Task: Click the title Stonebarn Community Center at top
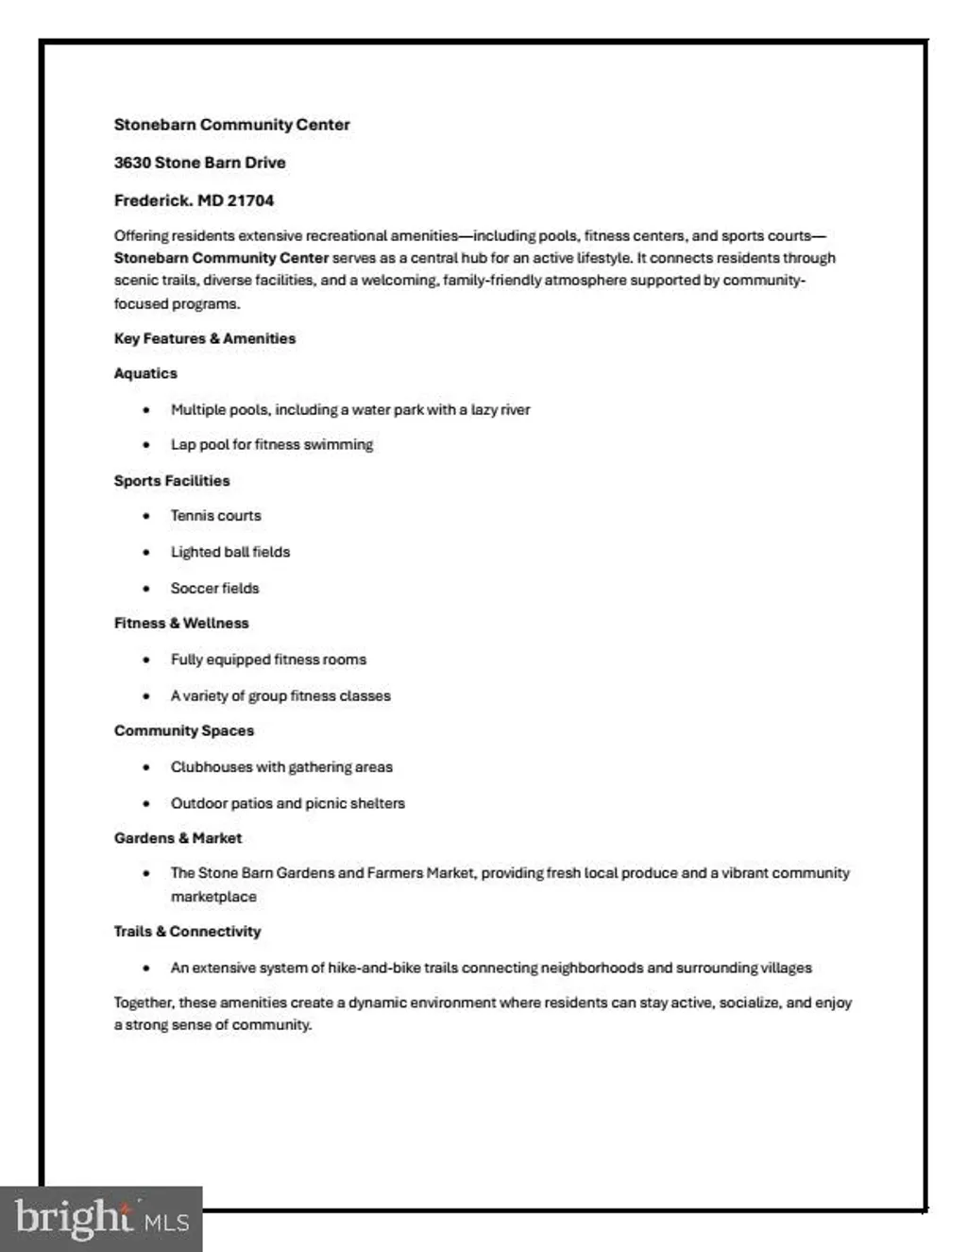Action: pos(231,125)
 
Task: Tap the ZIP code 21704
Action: pos(250,200)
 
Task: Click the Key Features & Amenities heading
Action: pos(205,338)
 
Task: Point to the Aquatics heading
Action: pos(145,373)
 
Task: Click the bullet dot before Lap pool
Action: pos(146,445)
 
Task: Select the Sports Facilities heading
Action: pos(172,481)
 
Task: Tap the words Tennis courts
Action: pos(215,516)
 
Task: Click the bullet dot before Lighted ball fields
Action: pos(146,553)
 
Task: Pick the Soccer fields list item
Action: pos(214,588)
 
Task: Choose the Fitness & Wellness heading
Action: pos(181,624)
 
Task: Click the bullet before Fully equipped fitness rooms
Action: pos(146,660)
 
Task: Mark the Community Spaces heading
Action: pos(184,730)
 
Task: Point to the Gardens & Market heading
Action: pos(178,838)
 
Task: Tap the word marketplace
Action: pos(213,897)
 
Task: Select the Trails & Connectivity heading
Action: pos(187,932)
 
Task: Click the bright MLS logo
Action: pos(101,1218)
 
